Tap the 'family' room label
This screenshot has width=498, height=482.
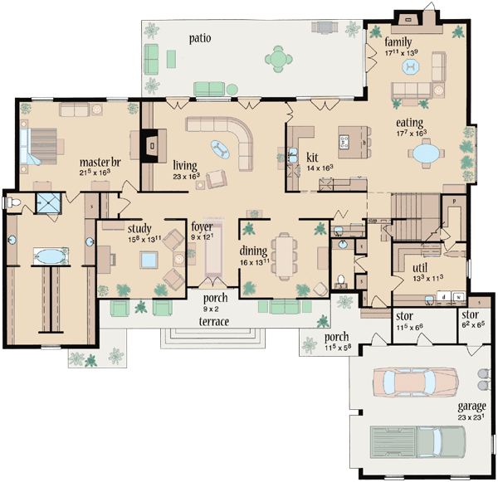coord(398,41)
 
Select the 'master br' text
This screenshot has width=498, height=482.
coord(96,161)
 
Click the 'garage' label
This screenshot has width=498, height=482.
coord(471,408)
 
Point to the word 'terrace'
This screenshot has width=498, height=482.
coord(214,321)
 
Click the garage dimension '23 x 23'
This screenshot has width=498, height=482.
coord(471,418)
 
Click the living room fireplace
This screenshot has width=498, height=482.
coord(149,145)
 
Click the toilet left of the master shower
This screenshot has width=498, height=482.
coord(12,202)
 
